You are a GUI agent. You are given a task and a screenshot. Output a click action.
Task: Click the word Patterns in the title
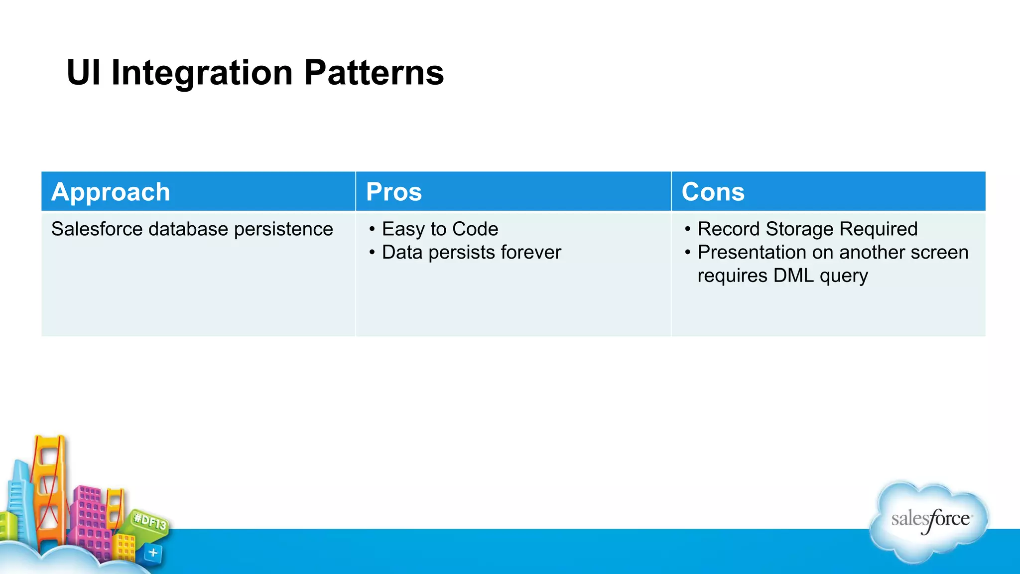click(374, 73)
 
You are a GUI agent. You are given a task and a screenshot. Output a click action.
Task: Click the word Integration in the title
click(202, 73)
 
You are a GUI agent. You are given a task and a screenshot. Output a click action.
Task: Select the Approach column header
click(111, 192)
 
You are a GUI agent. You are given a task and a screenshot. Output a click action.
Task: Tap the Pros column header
click(393, 192)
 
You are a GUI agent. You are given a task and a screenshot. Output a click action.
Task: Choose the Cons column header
click(713, 192)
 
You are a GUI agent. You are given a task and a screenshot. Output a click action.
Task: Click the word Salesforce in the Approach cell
click(97, 229)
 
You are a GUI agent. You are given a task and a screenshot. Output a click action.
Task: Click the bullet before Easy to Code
click(372, 229)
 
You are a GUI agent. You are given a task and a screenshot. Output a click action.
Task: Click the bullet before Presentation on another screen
click(688, 253)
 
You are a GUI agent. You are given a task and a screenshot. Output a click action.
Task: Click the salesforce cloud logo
click(929, 521)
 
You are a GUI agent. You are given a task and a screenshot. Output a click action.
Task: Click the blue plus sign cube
click(153, 553)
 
